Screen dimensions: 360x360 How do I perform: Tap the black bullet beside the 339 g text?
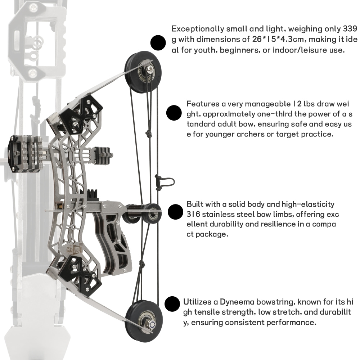click(x=157, y=43)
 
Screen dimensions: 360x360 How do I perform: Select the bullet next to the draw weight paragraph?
click(x=174, y=113)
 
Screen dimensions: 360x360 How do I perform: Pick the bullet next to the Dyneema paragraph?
click(x=172, y=304)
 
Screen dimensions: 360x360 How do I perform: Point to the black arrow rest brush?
click(x=93, y=194)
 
